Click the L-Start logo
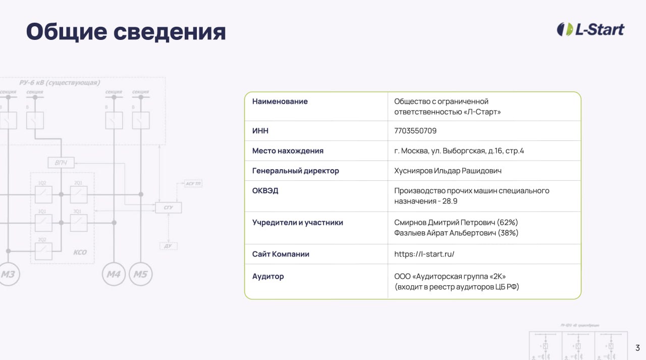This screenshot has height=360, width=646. click(590, 29)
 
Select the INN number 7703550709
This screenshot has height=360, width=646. click(415, 131)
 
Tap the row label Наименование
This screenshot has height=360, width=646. click(280, 101)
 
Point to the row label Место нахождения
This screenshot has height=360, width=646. click(288, 151)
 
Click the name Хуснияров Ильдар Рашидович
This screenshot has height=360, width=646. click(448, 171)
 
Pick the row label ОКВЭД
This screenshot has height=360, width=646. click(265, 191)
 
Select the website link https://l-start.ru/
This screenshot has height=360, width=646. click(424, 254)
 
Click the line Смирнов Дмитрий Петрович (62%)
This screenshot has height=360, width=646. click(456, 222)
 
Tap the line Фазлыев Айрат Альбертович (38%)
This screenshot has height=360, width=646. click(456, 233)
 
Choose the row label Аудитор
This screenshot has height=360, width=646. click(268, 276)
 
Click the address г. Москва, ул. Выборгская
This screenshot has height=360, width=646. click(459, 151)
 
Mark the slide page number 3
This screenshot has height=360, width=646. click(637, 348)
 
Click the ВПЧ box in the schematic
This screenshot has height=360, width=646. click(61, 163)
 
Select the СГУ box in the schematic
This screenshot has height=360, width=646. click(168, 208)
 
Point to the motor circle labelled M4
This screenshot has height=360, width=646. click(114, 274)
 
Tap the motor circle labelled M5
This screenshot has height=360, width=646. click(141, 274)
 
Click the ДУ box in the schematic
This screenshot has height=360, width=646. click(168, 246)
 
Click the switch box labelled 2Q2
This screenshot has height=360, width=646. click(43, 248)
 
